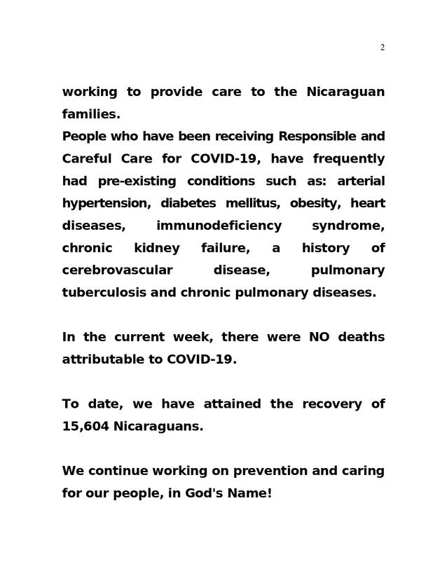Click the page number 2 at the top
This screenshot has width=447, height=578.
pos(382,48)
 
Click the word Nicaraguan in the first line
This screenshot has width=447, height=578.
pos(345,92)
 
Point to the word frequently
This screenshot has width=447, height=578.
pos(348,158)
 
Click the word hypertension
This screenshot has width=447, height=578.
pos(106,203)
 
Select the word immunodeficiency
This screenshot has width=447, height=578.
pos(219,226)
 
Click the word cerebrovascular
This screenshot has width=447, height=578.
pos(117,270)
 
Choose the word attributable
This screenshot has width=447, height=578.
pos(111,359)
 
